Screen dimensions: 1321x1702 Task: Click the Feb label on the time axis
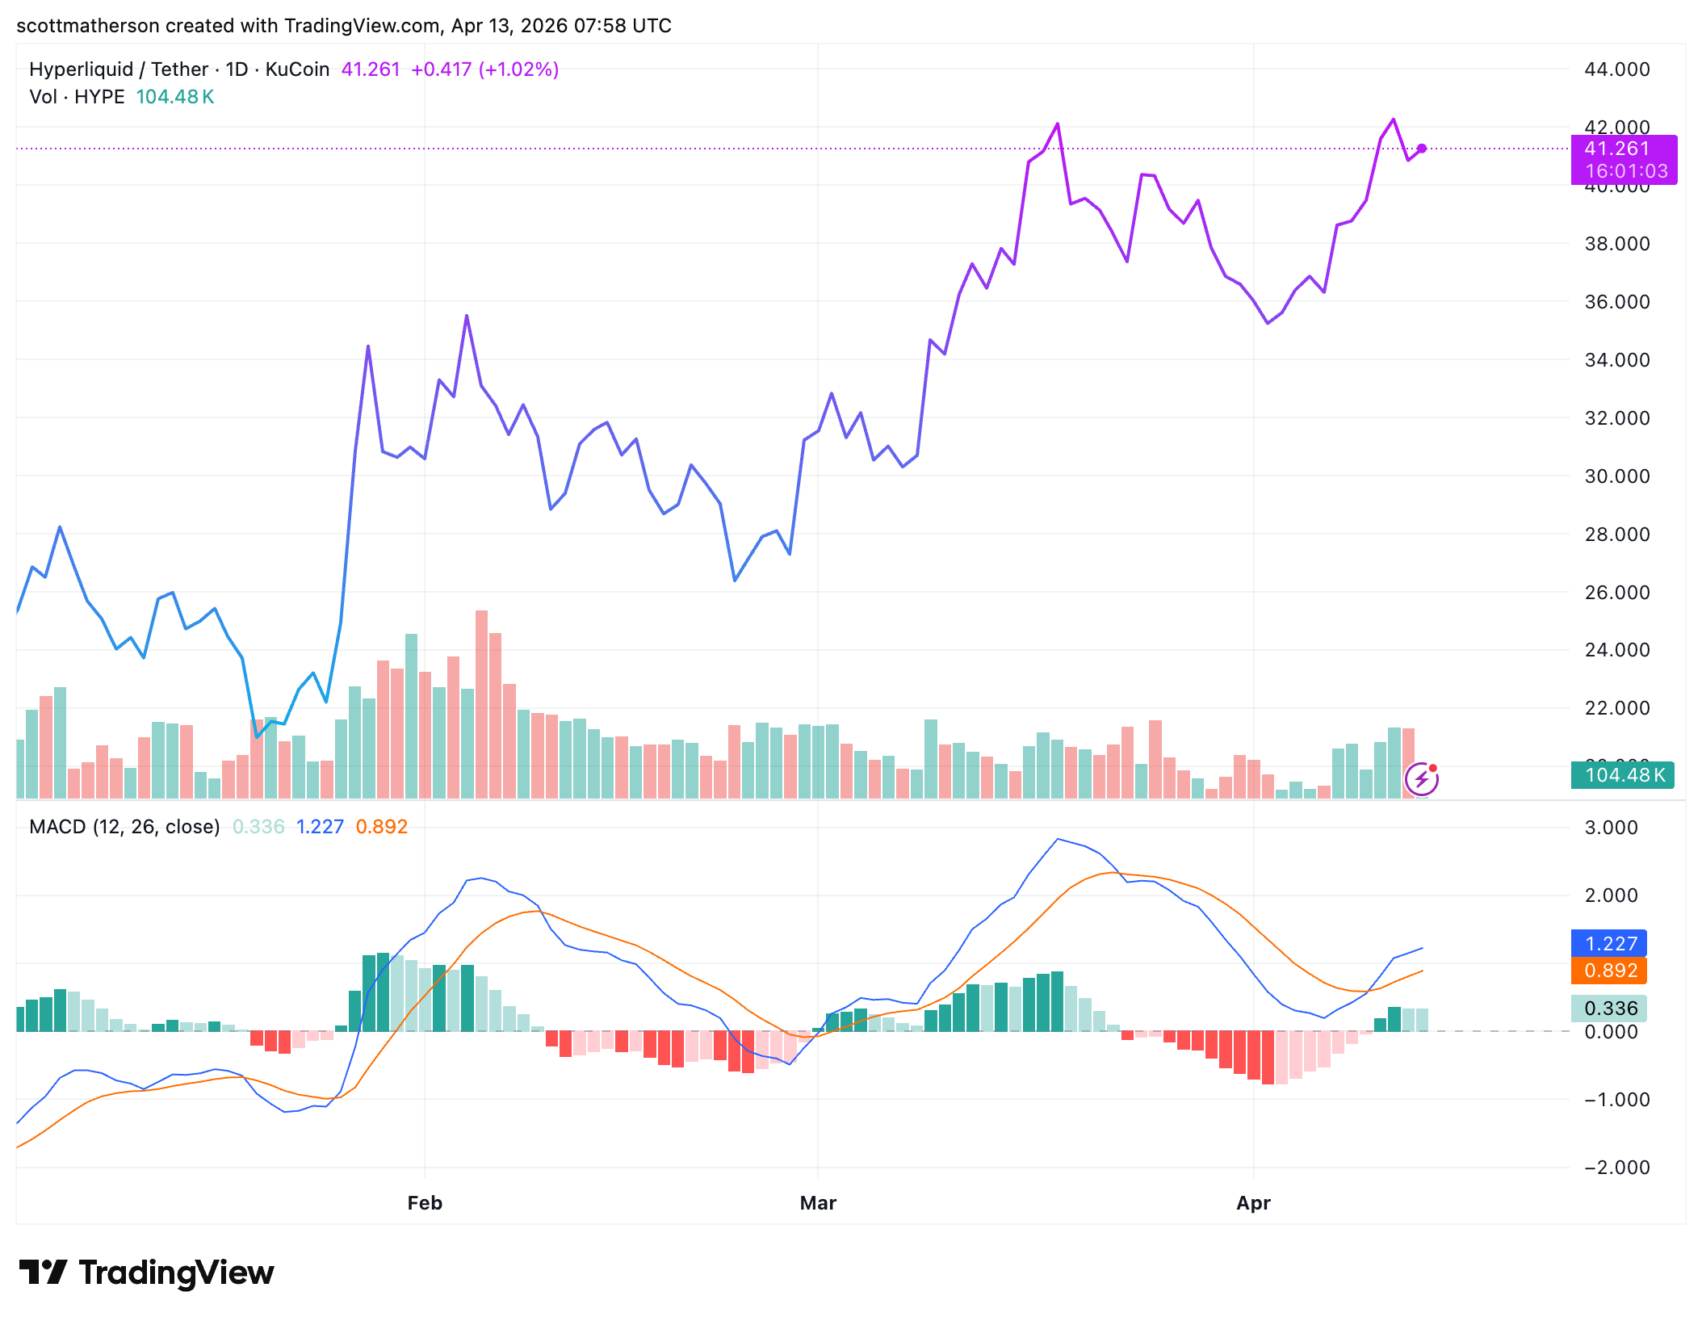pos(425,1202)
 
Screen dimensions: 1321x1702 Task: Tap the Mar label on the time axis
pos(818,1202)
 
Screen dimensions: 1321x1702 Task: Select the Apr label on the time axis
pos(1253,1202)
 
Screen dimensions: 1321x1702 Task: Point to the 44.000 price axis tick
pos(1616,69)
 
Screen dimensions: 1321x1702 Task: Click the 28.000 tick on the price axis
pos(1616,534)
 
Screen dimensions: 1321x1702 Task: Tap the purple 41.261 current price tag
pos(1623,149)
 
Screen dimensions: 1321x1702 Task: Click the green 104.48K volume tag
pos(1623,775)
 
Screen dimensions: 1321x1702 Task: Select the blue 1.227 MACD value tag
pos(1610,943)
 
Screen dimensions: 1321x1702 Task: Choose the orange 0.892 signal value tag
pos(1610,970)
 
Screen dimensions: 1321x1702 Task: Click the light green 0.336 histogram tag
pos(1610,1008)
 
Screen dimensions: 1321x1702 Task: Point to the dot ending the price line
pos(1422,149)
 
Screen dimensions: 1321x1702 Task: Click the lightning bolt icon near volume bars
pos(1421,779)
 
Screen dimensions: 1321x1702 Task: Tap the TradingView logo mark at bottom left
pos(43,1273)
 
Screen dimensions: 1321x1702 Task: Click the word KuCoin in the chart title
pos(297,69)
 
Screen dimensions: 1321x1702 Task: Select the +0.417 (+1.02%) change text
pos(484,69)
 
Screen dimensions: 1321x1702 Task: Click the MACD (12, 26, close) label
pos(124,827)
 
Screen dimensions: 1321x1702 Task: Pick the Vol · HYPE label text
pos(77,97)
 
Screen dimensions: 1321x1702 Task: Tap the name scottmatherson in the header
pos(88,26)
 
